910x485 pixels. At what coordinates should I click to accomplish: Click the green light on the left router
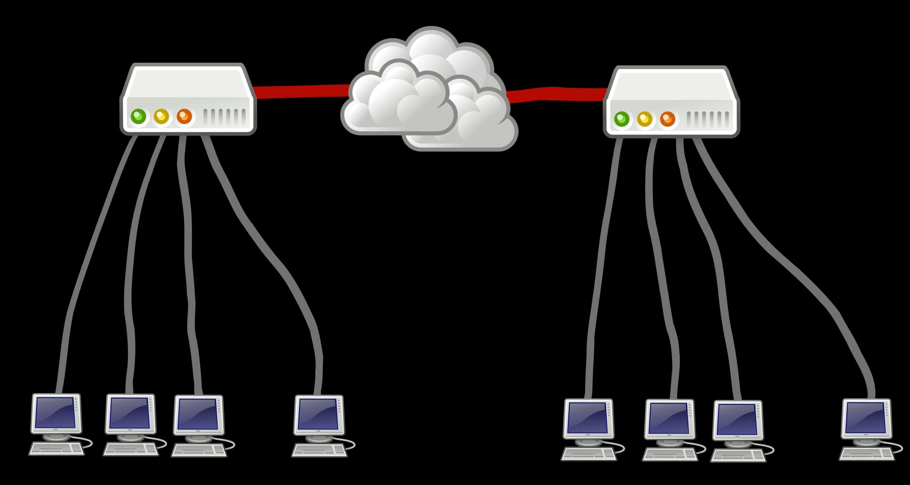pyautogui.click(x=138, y=116)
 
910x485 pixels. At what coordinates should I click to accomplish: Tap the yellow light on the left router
pyautogui.click(x=161, y=116)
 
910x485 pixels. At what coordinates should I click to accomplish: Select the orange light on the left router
pyautogui.click(x=184, y=116)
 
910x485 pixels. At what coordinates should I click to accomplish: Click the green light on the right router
pyautogui.click(x=622, y=119)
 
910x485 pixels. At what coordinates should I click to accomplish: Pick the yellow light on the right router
pyautogui.click(x=644, y=119)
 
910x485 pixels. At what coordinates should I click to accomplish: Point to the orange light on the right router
pyautogui.click(x=667, y=119)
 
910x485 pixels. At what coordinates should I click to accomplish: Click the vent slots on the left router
pyautogui.click(x=226, y=117)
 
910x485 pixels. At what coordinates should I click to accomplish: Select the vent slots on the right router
pyautogui.click(x=709, y=120)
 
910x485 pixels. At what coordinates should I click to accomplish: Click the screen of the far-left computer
pyautogui.click(x=55, y=413)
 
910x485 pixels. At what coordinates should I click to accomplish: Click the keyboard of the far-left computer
pyautogui.click(x=56, y=449)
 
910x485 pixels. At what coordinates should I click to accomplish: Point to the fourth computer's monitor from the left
pyautogui.click(x=318, y=414)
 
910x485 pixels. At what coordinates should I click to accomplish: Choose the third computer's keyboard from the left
pyautogui.click(x=198, y=450)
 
